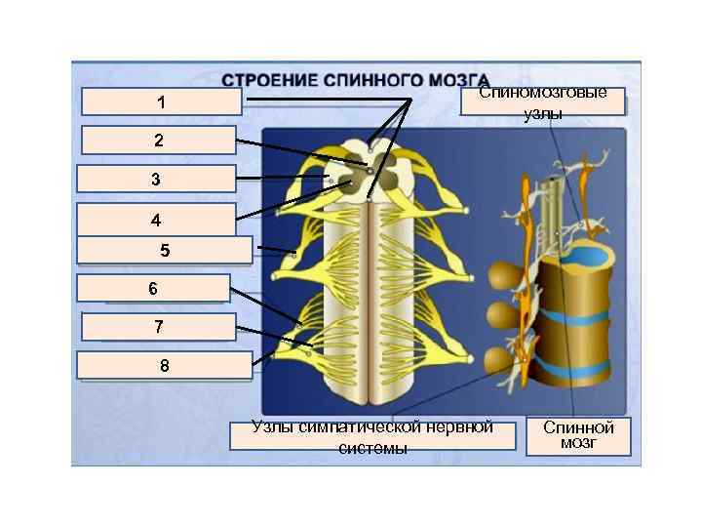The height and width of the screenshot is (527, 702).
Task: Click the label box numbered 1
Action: click(161, 102)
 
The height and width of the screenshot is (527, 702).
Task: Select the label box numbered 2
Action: click(159, 141)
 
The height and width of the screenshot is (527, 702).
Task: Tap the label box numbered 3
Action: click(156, 179)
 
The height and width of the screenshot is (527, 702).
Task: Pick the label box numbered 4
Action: click(156, 219)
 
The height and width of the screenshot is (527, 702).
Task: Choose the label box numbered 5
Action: click(165, 251)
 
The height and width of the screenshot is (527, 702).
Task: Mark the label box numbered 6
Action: click(153, 289)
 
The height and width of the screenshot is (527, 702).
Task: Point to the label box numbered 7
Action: click(159, 327)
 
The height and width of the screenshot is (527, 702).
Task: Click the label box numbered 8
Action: click(165, 366)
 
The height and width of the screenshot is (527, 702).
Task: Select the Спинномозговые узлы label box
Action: click(542, 102)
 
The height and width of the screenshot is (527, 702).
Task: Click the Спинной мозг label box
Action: click(578, 435)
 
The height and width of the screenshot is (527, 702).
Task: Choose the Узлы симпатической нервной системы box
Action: click(372, 436)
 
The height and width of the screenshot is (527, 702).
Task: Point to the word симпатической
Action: click(369, 427)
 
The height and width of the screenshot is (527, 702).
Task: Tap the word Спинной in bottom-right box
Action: click(578, 428)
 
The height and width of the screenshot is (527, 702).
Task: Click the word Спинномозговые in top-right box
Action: click(543, 93)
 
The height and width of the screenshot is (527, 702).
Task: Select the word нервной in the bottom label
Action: click(461, 427)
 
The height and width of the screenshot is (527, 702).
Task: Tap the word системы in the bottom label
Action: click(372, 448)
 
